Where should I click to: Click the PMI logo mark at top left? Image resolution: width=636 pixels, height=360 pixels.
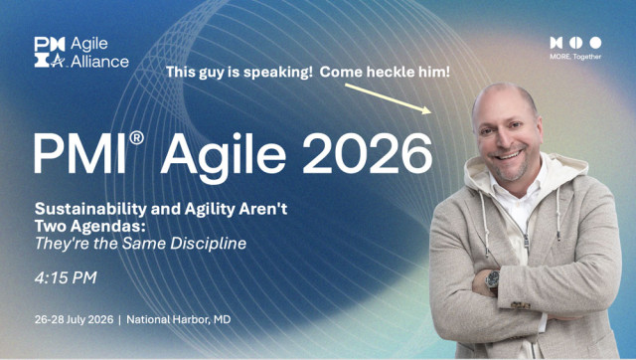50,52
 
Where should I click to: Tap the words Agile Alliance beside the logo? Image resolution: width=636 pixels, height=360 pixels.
99,53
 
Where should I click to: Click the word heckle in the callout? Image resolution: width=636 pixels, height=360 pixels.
389,72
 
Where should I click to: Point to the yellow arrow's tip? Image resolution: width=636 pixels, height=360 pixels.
430,111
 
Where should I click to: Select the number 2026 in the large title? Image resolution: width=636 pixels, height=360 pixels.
368,153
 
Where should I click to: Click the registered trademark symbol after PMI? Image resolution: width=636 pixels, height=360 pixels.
137,137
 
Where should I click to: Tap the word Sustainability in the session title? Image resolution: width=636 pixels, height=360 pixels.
90,209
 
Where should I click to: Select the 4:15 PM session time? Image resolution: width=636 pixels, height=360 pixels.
66,277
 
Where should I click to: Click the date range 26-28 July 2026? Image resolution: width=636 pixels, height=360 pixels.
74,319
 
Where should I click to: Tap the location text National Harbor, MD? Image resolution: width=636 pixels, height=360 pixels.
179,319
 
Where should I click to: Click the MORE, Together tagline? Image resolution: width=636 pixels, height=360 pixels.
575,57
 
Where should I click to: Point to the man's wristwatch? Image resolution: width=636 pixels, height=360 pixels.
493,279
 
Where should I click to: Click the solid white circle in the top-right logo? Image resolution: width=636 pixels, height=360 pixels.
595,43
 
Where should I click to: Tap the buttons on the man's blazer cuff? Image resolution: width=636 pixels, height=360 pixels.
521,304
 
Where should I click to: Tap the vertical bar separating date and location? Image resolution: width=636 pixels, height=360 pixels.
119,319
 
